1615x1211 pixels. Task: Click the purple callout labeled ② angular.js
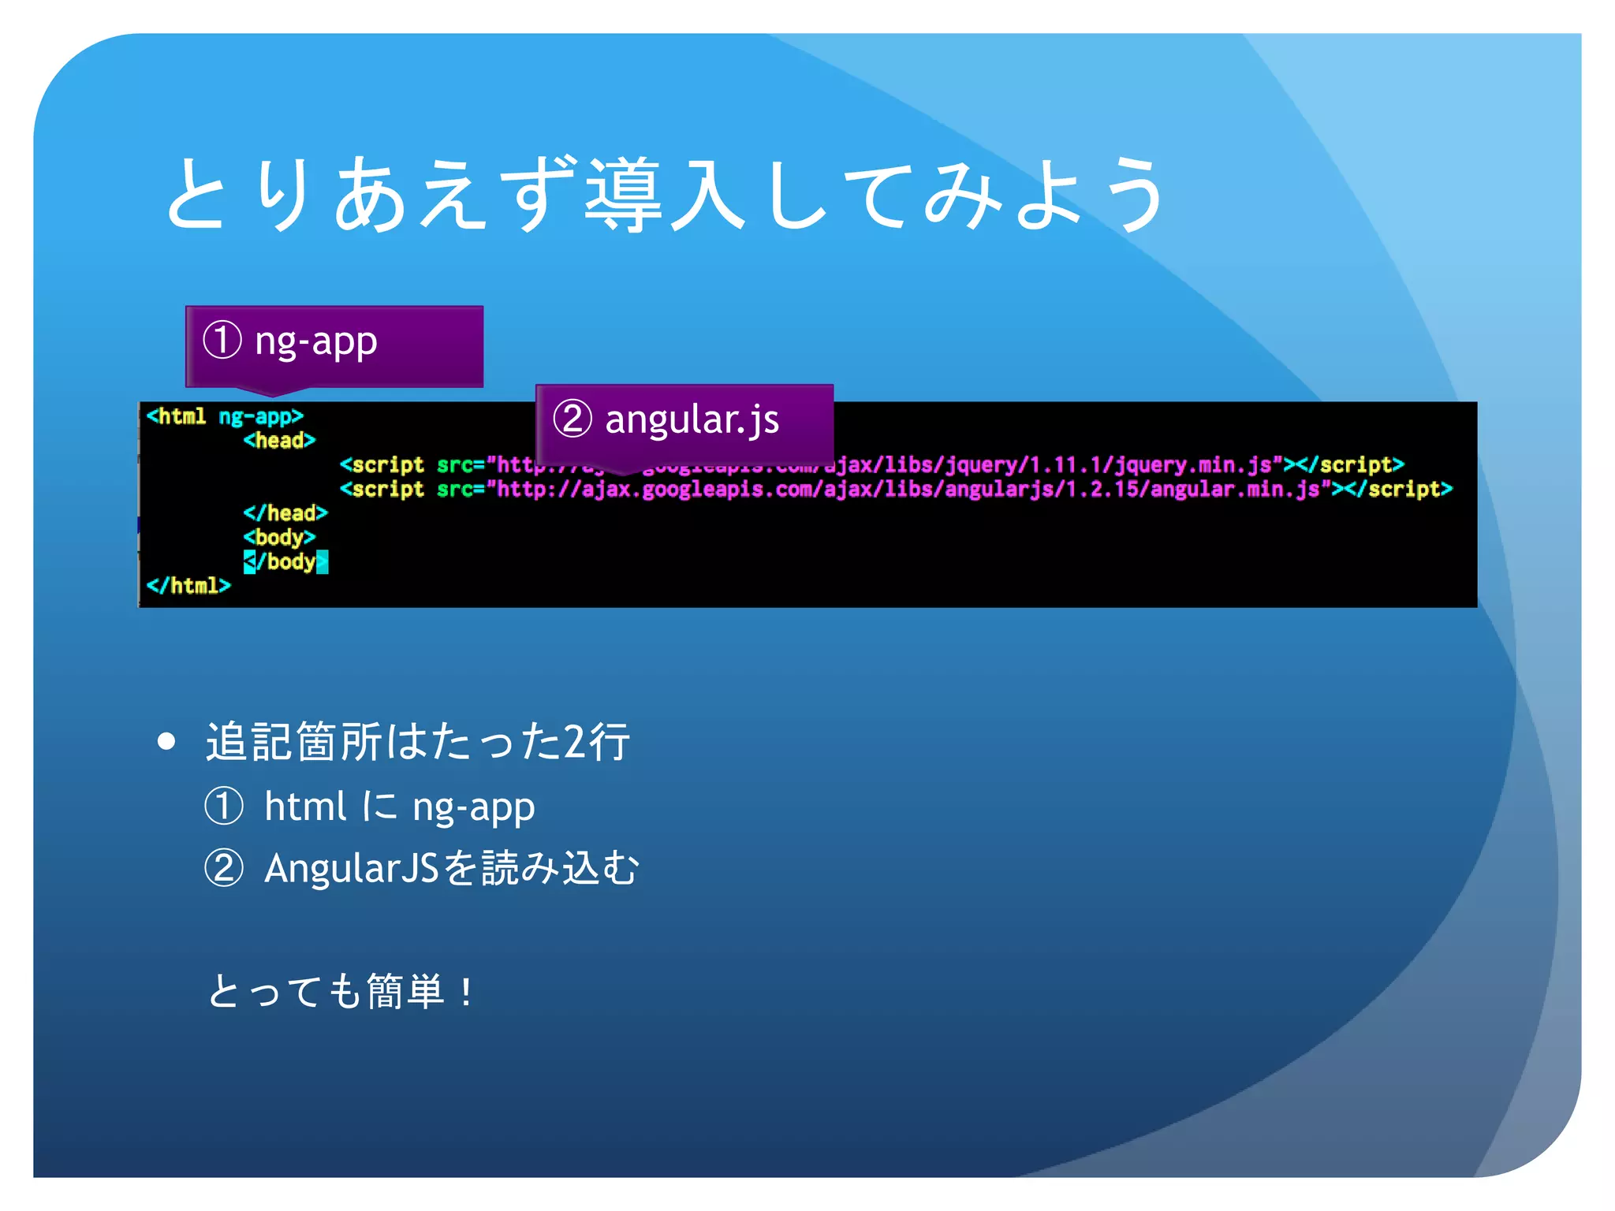click(x=684, y=422)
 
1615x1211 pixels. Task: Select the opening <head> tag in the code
click(x=279, y=441)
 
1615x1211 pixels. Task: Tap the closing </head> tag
click(x=285, y=513)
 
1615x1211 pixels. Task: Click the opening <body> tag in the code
click(x=279, y=538)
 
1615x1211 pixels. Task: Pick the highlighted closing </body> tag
click(x=285, y=562)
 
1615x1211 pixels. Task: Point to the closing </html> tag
click(x=188, y=586)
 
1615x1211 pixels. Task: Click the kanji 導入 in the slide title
click(x=665, y=195)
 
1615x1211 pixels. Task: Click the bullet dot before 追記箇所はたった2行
click(x=166, y=741)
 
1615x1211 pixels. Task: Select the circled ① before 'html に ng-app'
click(x=224, y=807)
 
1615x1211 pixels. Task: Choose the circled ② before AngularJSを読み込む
click(x=224, y=868)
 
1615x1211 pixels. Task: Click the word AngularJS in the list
click(x=351, y=868)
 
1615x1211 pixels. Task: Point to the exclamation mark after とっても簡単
click(x=467, y=992)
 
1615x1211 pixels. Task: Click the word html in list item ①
click(x=304, y=807)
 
